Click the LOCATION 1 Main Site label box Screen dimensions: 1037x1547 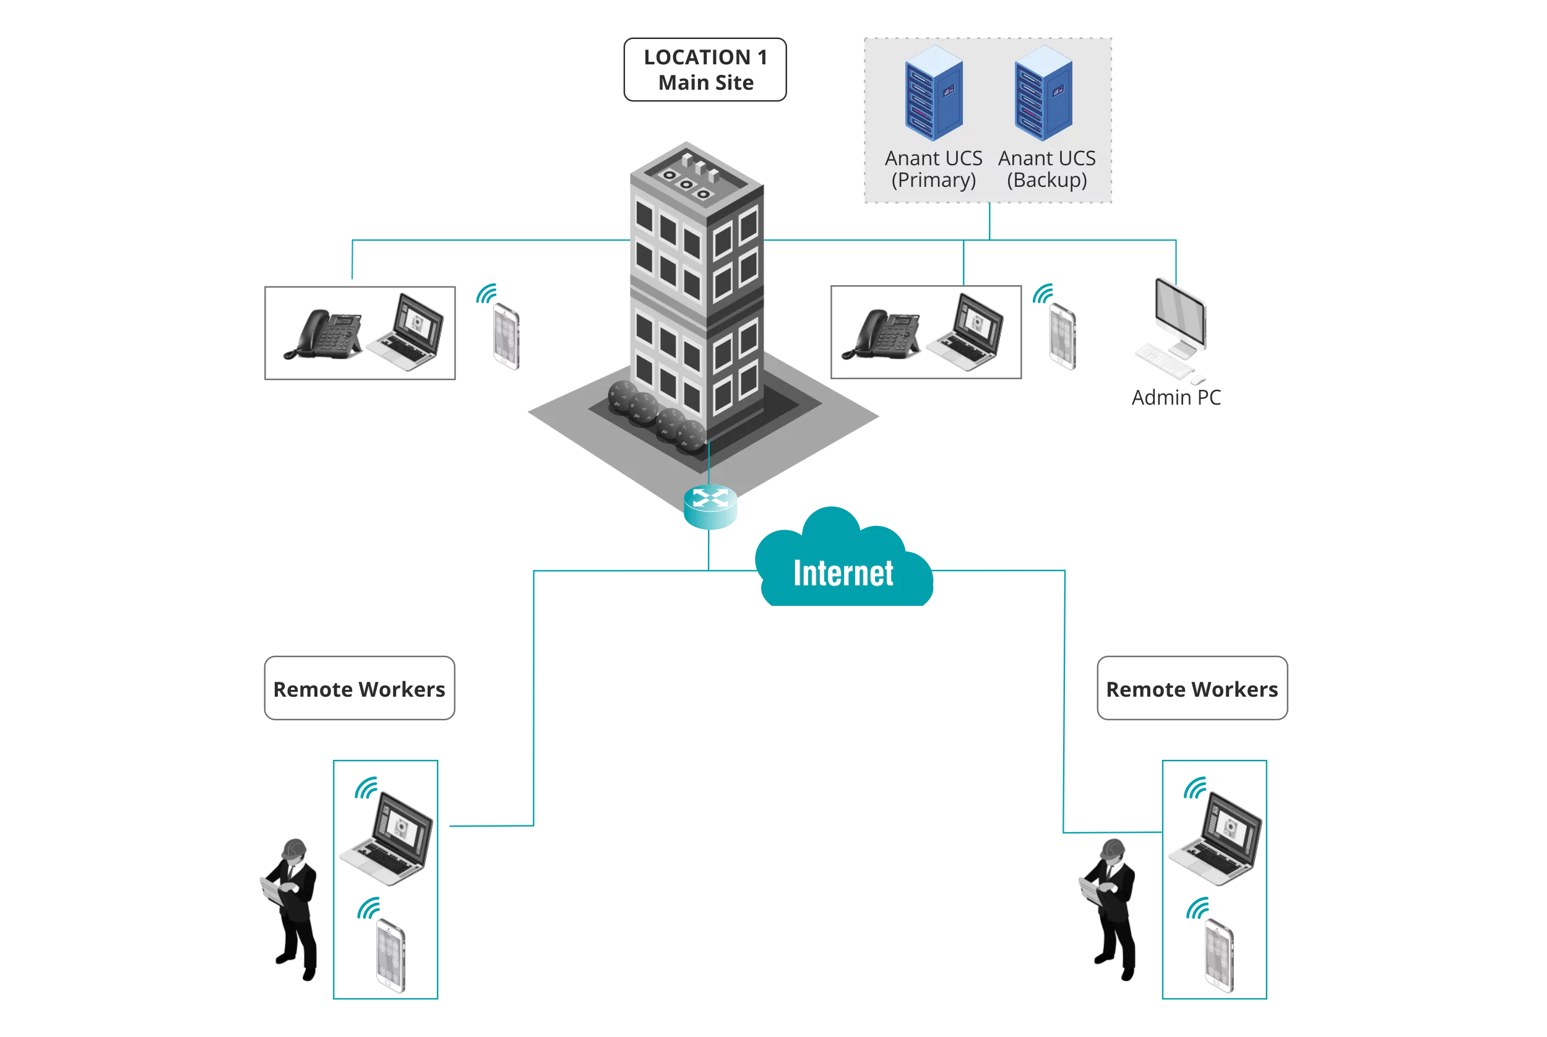[705, 69]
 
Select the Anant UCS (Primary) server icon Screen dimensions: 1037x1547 [933, 93]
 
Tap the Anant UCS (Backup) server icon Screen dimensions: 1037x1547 [1043, 93]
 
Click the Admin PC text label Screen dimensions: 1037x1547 [1176, 397]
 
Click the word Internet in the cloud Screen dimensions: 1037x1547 [843, 574]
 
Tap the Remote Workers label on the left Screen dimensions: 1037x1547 [359, 689]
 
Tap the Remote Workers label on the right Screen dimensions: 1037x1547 [1192, 689]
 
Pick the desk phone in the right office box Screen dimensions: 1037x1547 [882, 335]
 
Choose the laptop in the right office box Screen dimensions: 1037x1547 [968, 333]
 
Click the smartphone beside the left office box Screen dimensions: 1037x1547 [507, 336]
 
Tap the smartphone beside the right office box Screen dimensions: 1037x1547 [1063, 336]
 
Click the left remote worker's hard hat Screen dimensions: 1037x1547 [295, 848]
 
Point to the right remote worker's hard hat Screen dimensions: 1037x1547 [1113, 848]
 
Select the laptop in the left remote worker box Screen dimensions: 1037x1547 [389, 840]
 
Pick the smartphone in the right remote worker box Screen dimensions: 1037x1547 [1219, 956]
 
